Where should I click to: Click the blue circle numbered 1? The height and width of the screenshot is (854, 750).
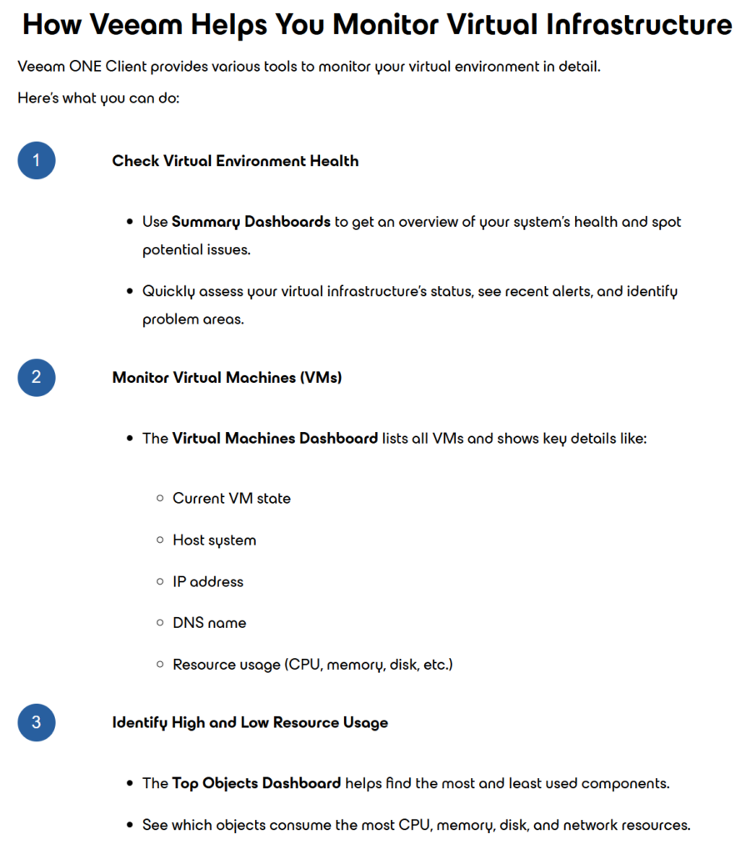[x=36, y=161]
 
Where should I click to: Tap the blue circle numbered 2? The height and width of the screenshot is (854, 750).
[x=36, y=378]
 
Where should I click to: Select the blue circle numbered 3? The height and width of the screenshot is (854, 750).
[x=36, y=722]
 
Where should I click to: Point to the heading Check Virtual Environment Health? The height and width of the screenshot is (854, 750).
[x=235, y=161]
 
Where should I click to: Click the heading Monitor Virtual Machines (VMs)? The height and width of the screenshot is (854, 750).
[x=227, y=378]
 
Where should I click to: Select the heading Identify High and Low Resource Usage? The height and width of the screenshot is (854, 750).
[x=250, y=722]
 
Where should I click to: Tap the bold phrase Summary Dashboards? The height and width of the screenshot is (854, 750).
[x=251, y=222]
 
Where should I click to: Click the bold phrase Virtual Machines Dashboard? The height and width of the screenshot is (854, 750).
[x=275, y=438]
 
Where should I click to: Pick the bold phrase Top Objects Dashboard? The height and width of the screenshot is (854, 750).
[x=257, y=783]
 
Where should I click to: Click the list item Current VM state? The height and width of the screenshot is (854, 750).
[x=232, y=499]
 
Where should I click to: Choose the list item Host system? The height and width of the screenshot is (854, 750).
[x=214, y=540]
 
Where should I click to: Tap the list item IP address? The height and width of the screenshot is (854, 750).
[x=207, y=581]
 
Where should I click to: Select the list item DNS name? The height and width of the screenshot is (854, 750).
[x=209, y=623]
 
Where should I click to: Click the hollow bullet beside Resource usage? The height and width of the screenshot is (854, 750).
[x=160, y=665]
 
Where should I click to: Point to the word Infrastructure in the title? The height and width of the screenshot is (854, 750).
[x=639, y=24]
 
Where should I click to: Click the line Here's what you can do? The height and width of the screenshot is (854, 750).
[x=98, y=98]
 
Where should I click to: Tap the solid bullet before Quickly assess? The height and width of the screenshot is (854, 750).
[x=130, y=292]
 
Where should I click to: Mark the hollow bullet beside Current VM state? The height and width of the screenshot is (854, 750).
[x=160, y=499]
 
